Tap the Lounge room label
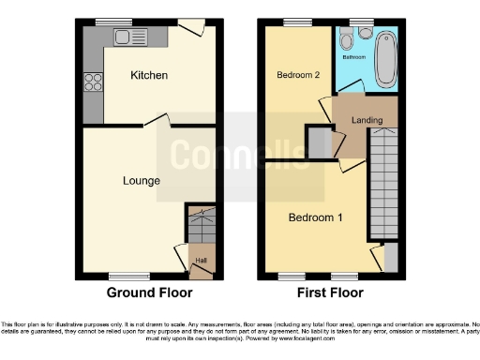tap(141, 180)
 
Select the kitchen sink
tap(130, 37)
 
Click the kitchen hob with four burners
tap(93, 82)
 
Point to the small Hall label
tap(201, 261)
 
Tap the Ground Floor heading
tap(144, 292)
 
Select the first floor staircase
tap(382, 183)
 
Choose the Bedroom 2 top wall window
tap(299, 22)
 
